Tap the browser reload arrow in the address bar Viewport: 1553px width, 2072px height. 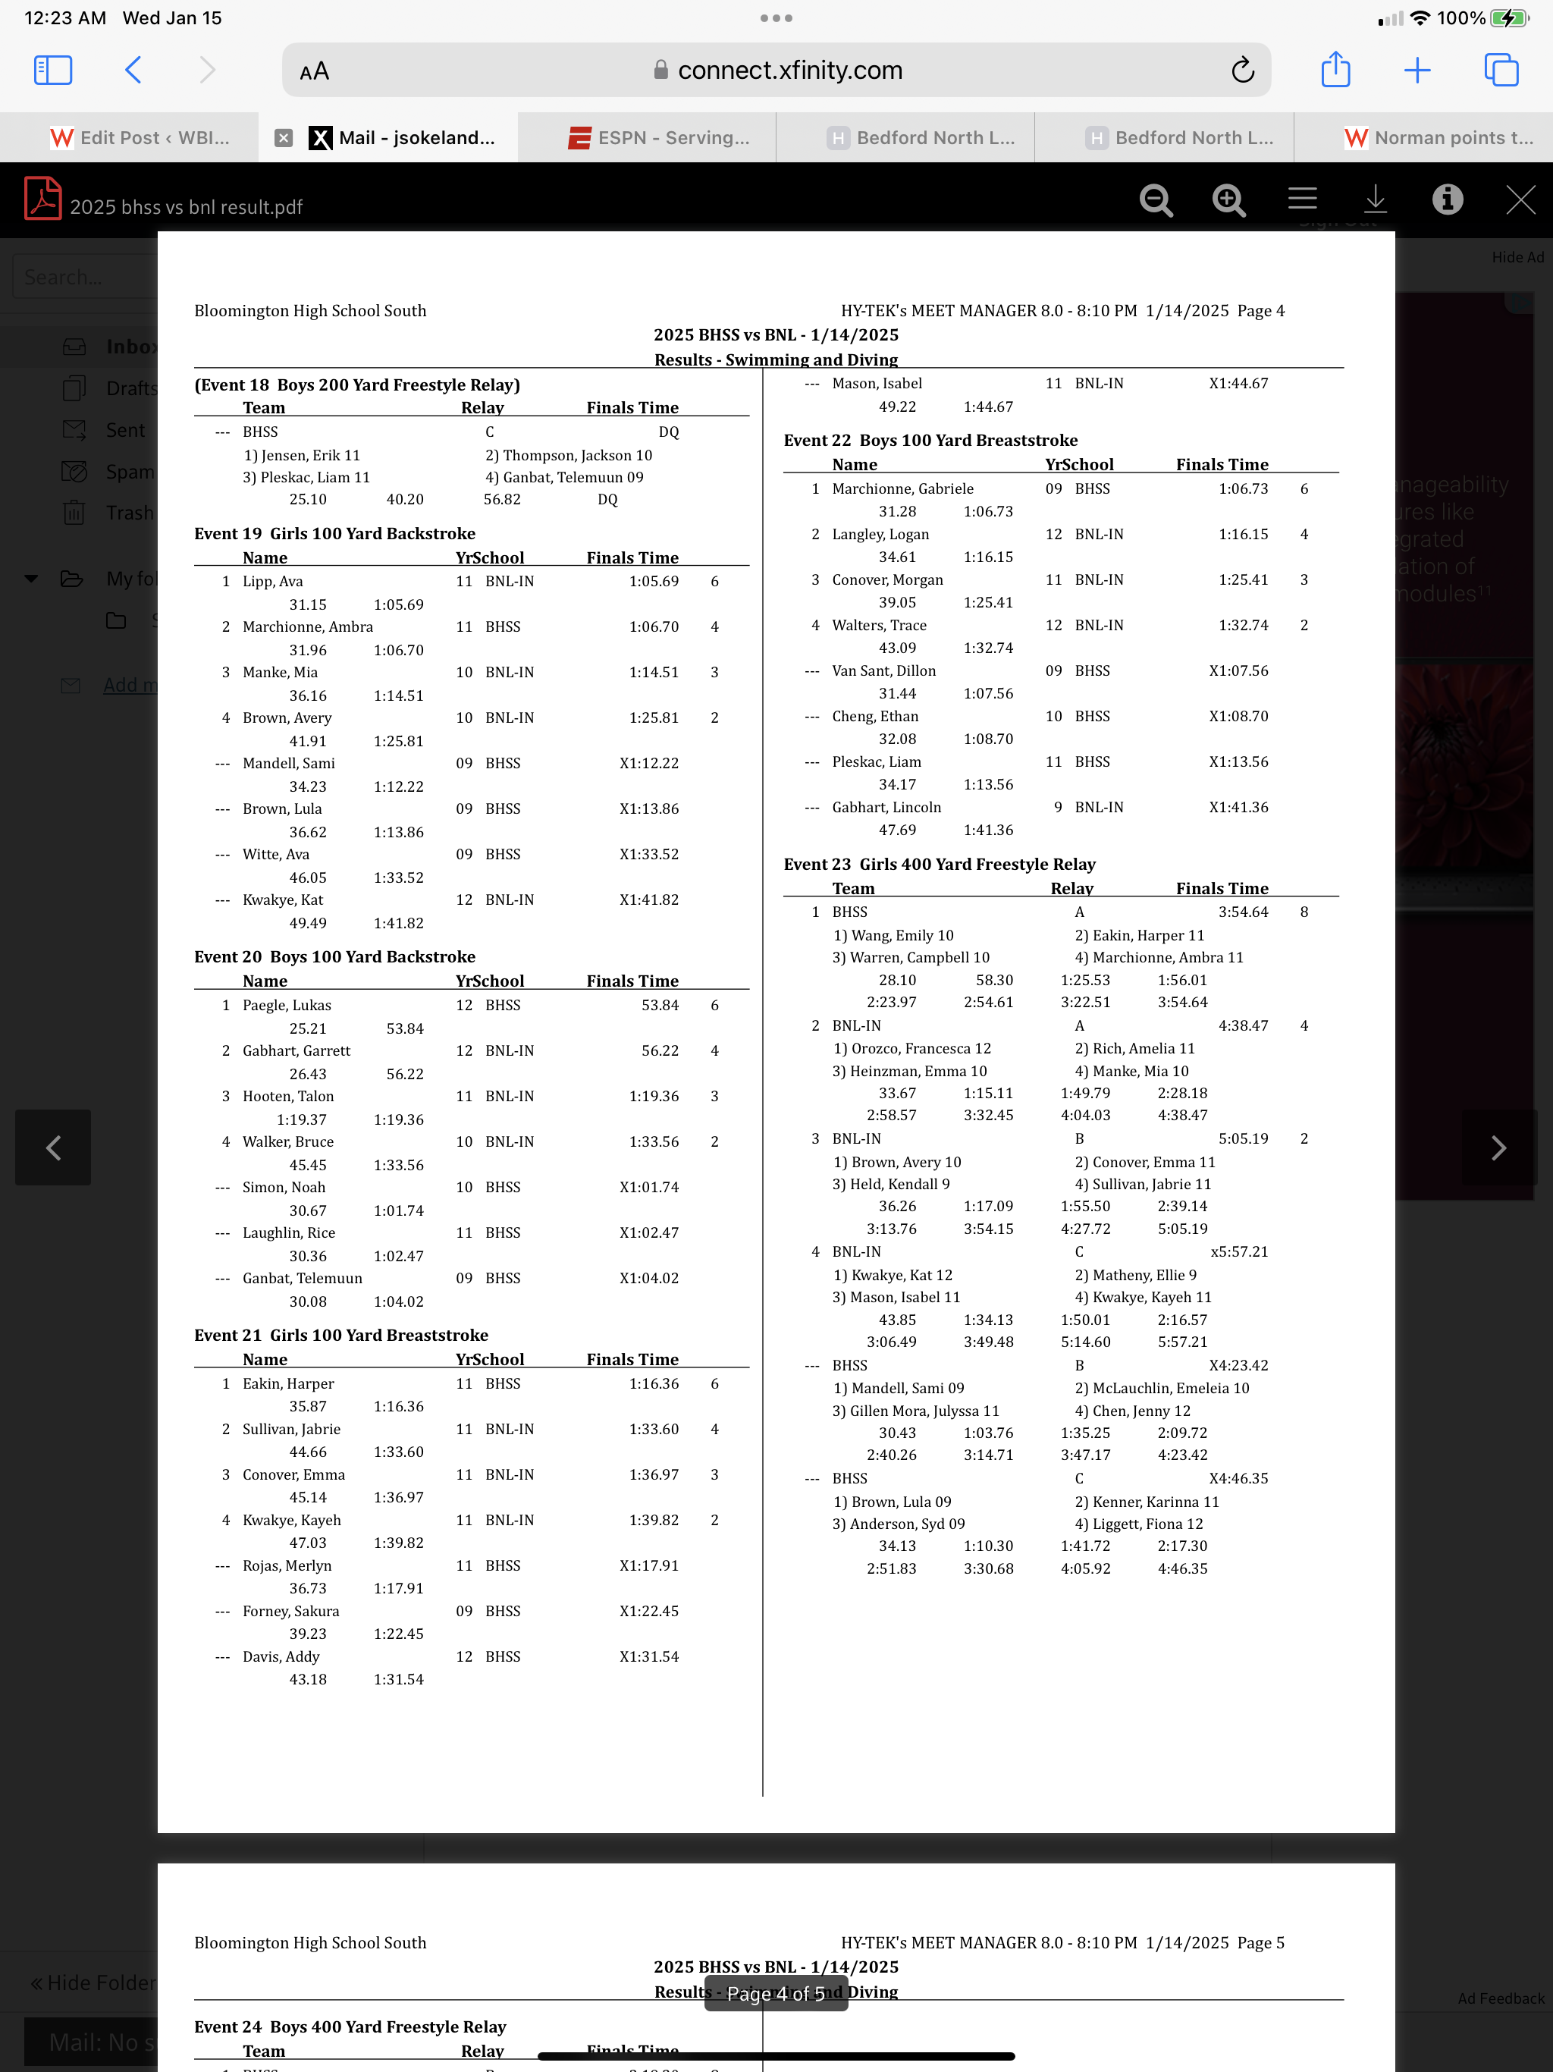click(x=1242, y=71)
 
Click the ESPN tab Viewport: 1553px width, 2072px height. click(x=660, y=138)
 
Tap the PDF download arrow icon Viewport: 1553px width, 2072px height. click(x=1375, y=199)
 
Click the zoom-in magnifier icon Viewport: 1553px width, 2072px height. click(x=1228, y=199)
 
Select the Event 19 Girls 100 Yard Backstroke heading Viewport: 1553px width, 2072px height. click(x=334, y=533)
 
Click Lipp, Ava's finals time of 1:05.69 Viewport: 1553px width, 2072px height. click(x=654, y=581)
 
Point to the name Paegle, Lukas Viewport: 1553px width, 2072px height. click(x=287, y=1005)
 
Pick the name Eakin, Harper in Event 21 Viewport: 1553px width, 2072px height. click(x=287, y=1383)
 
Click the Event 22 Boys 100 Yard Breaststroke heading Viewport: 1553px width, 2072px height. click(x=930, y=440)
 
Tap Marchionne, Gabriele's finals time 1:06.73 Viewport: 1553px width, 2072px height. click(x=1243, y=489)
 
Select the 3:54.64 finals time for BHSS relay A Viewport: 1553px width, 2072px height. click(x=1243, y=912)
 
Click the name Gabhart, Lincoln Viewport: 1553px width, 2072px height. click(x=886, y=808)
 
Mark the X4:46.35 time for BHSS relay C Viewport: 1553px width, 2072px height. click(x=1238, y=1478)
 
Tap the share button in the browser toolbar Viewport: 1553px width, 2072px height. click(x=1335, y=71)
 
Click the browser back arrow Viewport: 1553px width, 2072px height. click(x=133, y=71)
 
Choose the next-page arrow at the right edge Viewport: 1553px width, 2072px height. click(x=1498, y=1147)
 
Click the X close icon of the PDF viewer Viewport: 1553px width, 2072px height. click(x=1520, y=199)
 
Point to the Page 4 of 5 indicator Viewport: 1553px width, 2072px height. click(x=776, y=1993)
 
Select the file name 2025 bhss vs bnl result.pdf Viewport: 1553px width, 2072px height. click(x=187, y=207)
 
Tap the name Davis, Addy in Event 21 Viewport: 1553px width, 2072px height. click(x=281, y=1656)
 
